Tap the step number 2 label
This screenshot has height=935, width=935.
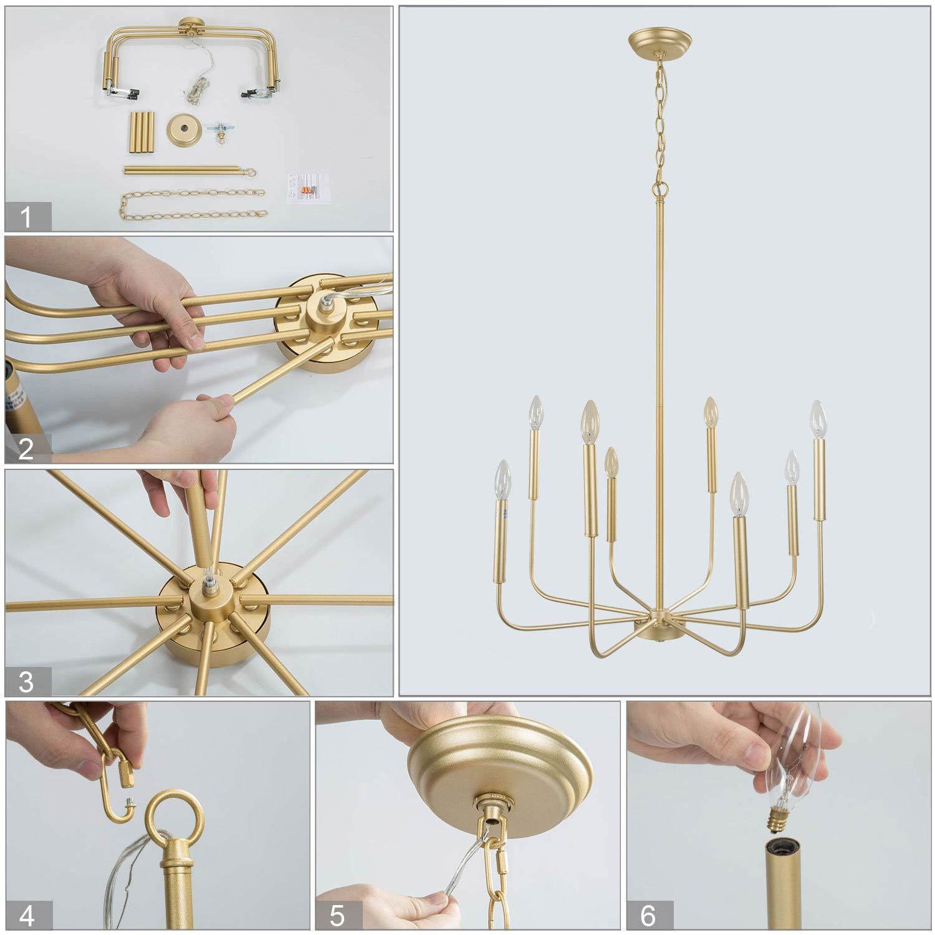pos(26,449)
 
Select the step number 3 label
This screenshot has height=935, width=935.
pos(26,681)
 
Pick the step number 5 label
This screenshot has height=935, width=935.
pos(337,916)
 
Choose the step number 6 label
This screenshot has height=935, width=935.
pos(648,916)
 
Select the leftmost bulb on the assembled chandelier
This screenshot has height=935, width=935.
pos(503,480)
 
